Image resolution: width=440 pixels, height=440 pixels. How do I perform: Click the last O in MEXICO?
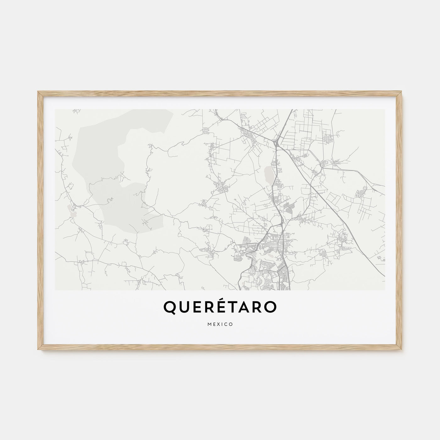coord(231,324)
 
